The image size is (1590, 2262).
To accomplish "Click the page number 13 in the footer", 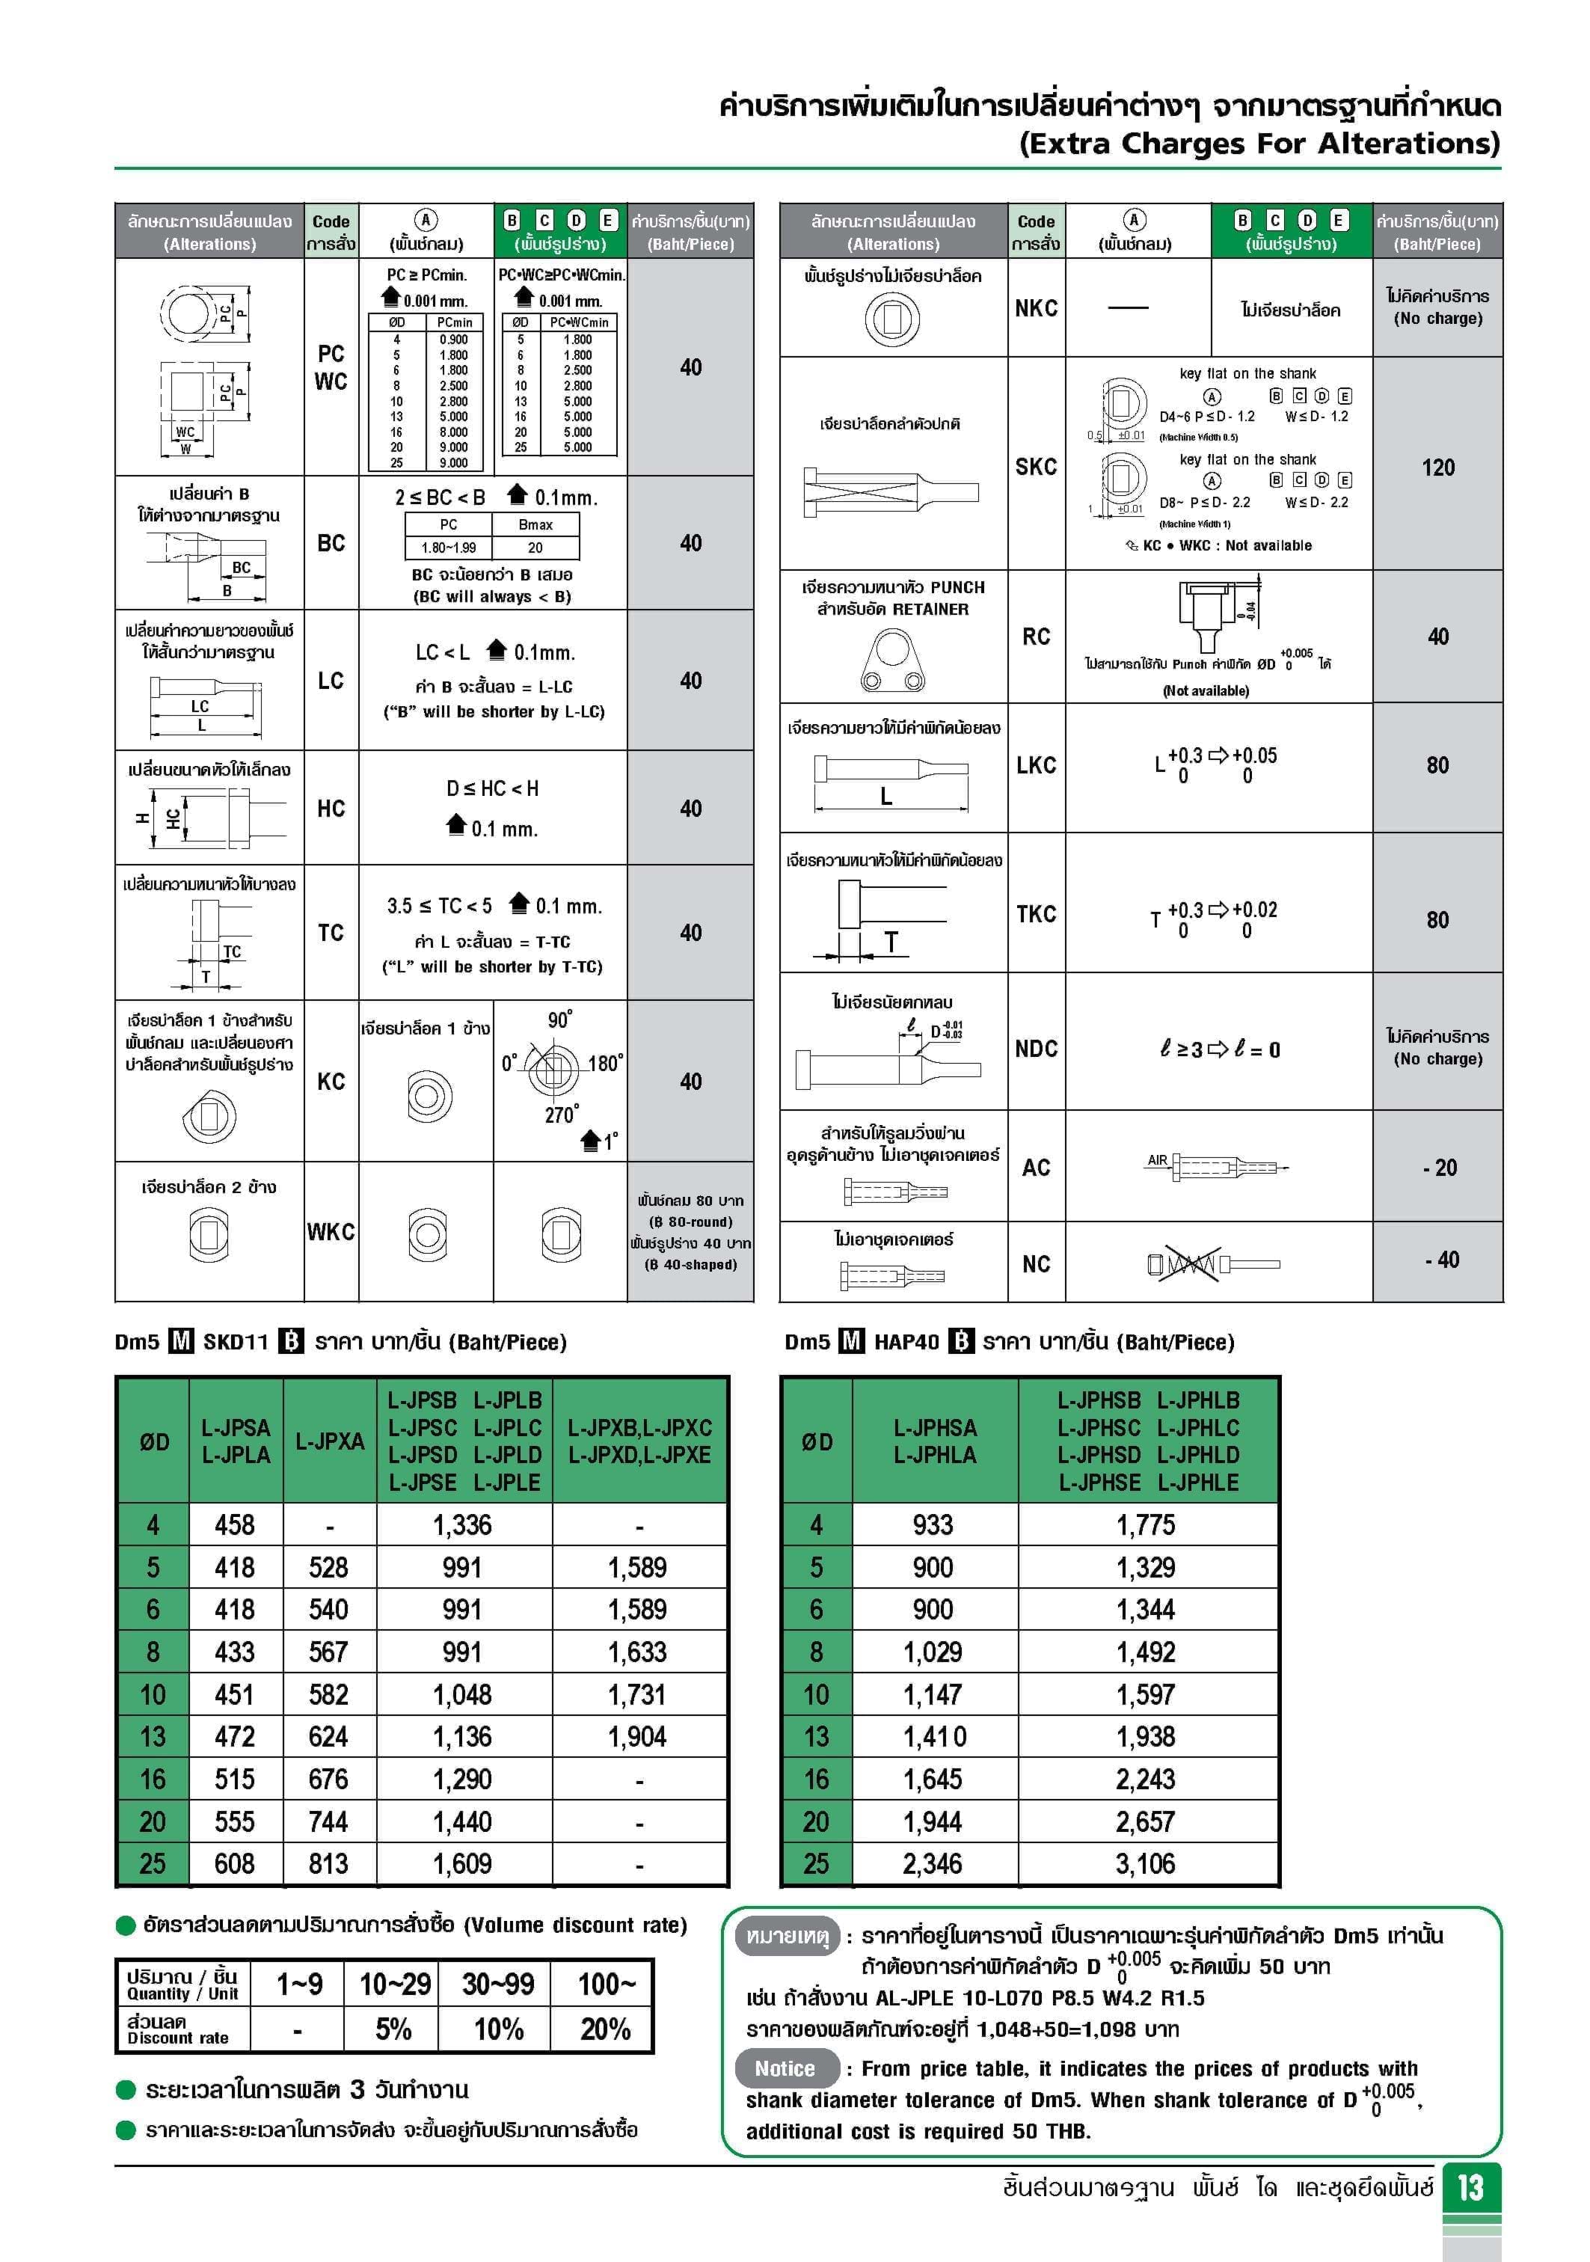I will (1470, 2188).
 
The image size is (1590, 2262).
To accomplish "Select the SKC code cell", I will (1035, 467).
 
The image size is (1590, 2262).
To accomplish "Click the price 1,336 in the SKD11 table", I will (462, 1525).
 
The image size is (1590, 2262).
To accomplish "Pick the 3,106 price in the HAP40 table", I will (1145, 1863).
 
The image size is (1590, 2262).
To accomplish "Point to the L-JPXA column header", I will (329, 1441).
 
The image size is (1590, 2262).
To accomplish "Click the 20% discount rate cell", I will (605, 2029).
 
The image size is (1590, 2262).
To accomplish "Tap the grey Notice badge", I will (785, 2068).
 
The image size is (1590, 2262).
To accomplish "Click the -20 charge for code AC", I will (1438, 1168).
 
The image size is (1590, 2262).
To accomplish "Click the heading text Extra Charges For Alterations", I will (1259, 144).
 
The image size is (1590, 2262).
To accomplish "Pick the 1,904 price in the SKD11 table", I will (637, 1737).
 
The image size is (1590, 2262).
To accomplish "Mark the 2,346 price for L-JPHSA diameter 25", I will (932, 1863).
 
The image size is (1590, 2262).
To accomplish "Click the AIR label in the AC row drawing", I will (1156, 1161).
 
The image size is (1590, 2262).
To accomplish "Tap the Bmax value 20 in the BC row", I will (535, 548).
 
